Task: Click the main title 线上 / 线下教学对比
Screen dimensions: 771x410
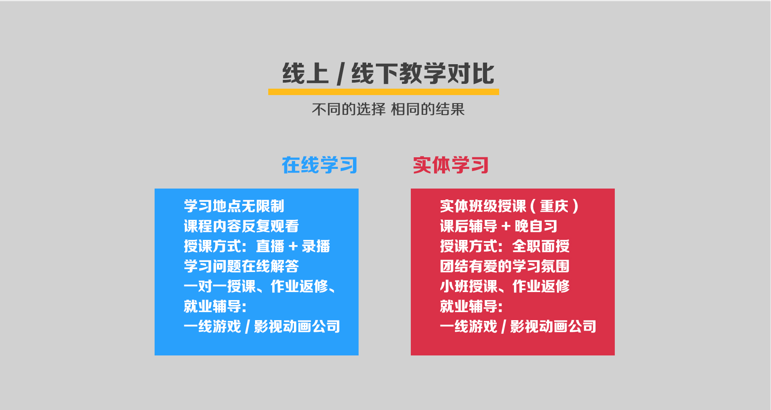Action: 388,74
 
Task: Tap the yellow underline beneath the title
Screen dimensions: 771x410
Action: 383,92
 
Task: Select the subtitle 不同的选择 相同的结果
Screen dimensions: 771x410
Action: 388,109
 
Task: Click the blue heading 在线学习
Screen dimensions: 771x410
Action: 320,165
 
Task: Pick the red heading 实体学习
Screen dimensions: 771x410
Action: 451,165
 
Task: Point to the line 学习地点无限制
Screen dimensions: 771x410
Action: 234,206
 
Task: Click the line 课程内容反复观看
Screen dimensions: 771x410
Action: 241,226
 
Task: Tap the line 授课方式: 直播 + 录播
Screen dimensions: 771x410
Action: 257,246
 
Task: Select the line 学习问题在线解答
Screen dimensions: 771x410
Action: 241,266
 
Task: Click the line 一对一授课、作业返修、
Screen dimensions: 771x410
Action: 260,286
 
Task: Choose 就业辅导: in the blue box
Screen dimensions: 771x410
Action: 215,306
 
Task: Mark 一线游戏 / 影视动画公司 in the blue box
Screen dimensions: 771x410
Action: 262,327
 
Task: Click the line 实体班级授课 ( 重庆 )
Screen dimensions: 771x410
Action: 509,206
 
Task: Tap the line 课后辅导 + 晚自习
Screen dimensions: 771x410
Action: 499,226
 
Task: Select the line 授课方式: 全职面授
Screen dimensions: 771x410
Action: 505,246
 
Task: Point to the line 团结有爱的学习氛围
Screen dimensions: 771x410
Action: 505,266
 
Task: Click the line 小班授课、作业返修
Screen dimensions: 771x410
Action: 505,286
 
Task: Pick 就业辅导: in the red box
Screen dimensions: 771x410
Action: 471,306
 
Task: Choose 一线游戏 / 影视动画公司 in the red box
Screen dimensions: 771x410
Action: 518,327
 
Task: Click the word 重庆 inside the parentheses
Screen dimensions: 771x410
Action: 554,206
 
